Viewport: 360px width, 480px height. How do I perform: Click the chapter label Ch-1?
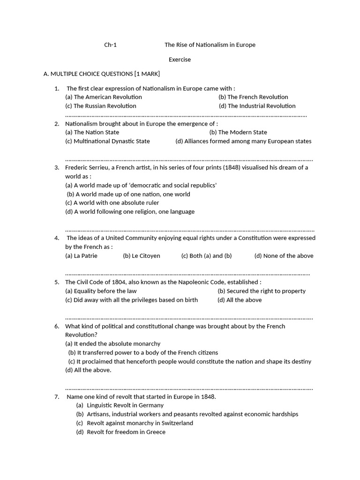click(x=110, y=45)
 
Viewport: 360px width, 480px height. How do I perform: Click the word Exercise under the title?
click(x=180, y=60)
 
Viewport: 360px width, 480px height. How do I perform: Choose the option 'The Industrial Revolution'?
click(x=257, y=106)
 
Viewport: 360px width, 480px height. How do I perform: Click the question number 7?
click(x=56, y=397)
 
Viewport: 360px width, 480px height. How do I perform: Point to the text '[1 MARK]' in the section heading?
click(x=147, y=74)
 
